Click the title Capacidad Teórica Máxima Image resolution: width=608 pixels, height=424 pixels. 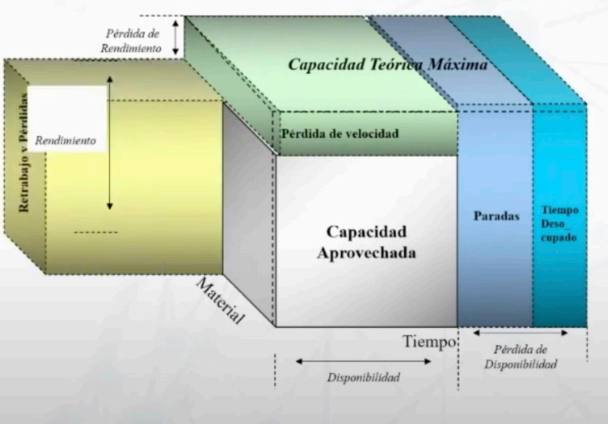point(388,64)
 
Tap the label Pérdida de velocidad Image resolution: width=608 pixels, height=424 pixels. point(340,134)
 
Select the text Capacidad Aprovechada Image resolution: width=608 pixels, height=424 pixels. point(366,242)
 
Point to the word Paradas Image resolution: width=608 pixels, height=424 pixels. point(496,216)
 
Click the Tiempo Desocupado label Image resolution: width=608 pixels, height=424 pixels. point(559,223)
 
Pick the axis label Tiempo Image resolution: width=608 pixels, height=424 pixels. point(429,341)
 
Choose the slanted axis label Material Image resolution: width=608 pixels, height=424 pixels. point(221,301)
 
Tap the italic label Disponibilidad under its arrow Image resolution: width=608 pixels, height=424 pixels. point(363,377)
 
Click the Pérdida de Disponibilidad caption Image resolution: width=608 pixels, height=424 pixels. point(520,357)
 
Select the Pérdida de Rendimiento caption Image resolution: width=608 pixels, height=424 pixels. point(132,41)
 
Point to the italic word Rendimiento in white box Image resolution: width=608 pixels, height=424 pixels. point(66,141)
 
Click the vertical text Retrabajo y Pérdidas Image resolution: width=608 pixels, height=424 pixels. point(24,153)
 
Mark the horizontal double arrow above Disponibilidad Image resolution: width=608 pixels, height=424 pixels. point(363,361)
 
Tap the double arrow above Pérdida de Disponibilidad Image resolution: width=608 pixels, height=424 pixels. point(520,333)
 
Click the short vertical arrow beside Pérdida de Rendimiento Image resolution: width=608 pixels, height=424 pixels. point(176,35)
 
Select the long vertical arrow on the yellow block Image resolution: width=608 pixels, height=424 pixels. point(109,143)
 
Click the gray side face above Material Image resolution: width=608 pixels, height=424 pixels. point(249,209)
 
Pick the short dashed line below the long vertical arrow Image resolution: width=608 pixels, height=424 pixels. point(96,232)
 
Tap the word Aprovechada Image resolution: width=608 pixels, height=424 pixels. point(366,253)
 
